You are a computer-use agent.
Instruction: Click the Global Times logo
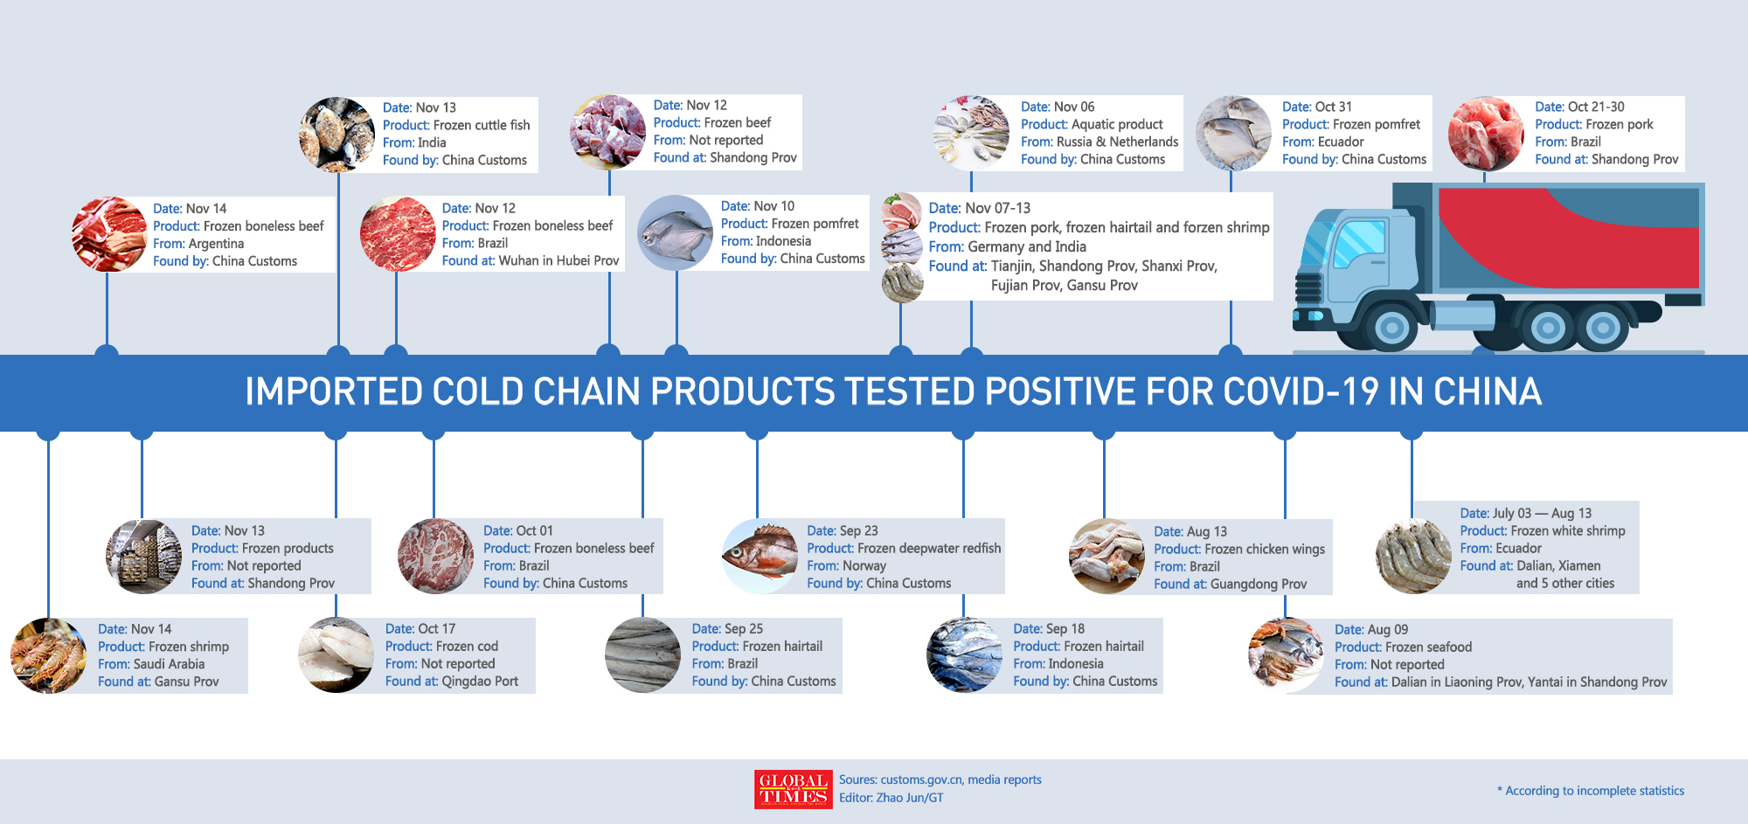tap(794, 789)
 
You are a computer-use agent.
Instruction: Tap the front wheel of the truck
tap(1391, 329)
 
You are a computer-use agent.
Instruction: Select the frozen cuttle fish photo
tap(336, 135)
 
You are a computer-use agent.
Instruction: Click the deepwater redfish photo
tap(760, 556)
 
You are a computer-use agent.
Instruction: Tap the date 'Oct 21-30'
tap(1596, 107)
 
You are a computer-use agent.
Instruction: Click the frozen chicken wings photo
tap(1106, 557)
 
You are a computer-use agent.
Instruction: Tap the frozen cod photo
tap(336, 655)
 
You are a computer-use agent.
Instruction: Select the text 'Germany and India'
tap(1027, 246)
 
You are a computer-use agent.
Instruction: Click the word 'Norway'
tap(864, 565)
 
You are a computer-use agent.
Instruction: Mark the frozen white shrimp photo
tap(1413, 557)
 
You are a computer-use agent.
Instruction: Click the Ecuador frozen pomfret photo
tap(1233, 134)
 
